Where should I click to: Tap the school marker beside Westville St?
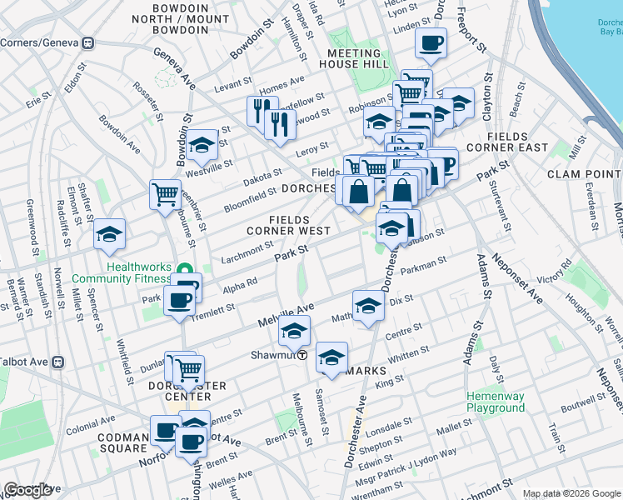[x=201, y=147]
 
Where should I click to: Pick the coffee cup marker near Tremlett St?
[x=178, y=301]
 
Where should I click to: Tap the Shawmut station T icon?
[x=303, y=354]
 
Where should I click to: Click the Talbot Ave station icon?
[x=58, y=362]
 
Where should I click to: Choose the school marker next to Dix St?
[x=368, y=306]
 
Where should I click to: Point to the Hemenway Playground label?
[x=495, y=402]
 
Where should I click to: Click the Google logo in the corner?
[x=28, y=490]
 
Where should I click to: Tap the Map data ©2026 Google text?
[x=571, y=493]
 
